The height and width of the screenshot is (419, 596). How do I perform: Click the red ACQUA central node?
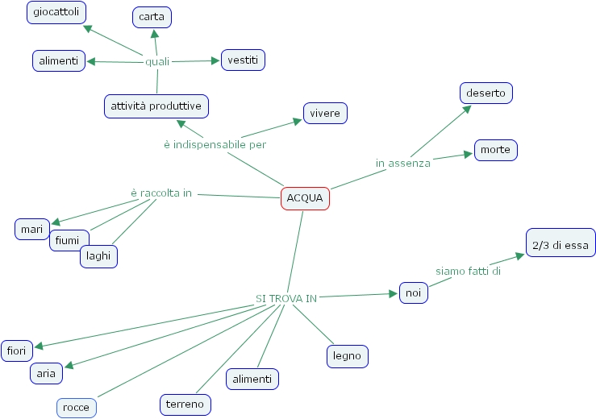(305, 198)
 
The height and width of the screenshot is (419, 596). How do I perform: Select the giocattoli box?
(56, 13)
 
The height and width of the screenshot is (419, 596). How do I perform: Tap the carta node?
(152, 17)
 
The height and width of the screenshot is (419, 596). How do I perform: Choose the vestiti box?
(243, 60)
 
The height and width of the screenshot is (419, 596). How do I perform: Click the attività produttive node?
(156, 106)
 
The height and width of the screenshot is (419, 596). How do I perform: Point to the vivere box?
(325, 114)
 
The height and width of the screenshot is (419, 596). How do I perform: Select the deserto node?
(486, 93)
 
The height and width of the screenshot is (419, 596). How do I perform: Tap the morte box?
(495, 150)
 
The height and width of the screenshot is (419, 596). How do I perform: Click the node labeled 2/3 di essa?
(561, 245)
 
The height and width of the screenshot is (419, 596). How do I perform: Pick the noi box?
(414, 293)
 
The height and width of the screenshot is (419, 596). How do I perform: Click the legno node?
(348, 355)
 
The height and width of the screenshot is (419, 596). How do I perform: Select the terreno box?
(185, 404)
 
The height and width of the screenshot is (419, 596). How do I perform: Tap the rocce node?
(77, 408)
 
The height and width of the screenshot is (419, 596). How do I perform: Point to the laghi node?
(99, 257)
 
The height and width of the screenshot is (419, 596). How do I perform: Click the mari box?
(32, 229)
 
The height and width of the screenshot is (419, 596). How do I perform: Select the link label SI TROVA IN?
(286, 298)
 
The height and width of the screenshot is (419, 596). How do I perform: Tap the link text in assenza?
(403, 164)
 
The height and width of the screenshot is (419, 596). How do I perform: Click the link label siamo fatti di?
(469, 272)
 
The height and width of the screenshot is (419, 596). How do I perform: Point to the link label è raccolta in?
(161, 193)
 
